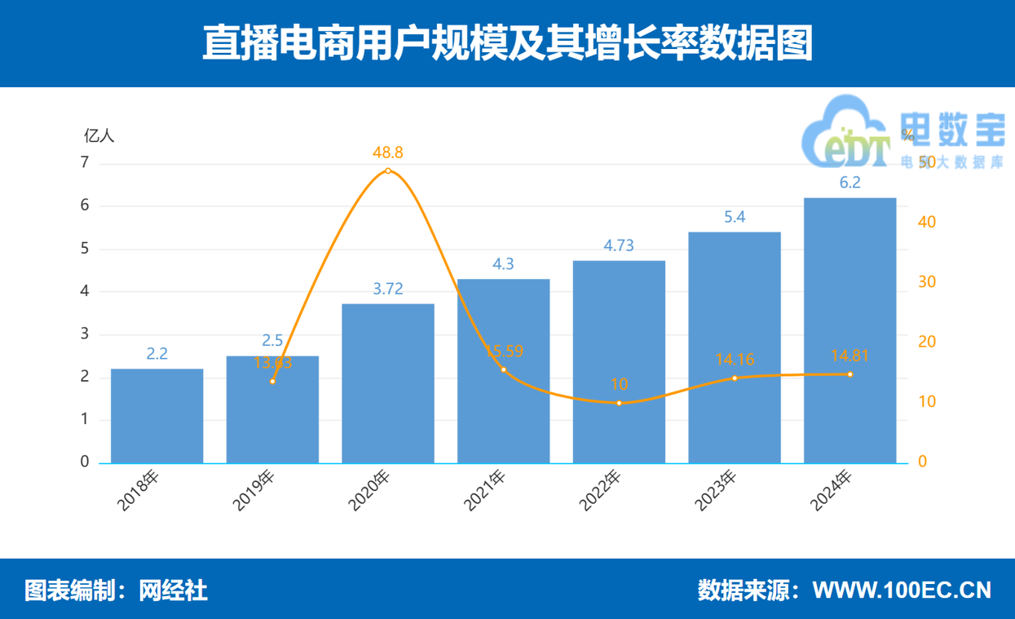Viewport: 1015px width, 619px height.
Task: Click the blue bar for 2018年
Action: point(157,416)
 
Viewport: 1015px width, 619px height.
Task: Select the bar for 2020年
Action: point(388,383)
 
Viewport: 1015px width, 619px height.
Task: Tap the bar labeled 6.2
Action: point(850,330)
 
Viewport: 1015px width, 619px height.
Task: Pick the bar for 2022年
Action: point(619,362)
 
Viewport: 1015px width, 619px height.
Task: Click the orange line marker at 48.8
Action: point(388,171)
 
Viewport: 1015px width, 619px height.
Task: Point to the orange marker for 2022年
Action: point(619,403)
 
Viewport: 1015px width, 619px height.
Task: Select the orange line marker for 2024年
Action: point(850,374)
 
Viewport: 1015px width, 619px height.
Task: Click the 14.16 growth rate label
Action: point(734,358)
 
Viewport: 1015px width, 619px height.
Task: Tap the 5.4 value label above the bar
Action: point(735,217)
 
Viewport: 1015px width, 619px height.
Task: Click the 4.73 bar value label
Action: point(619,245)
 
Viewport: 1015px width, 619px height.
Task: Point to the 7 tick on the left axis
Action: point(85,162)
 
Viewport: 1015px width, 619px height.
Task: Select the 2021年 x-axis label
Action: point(485,492)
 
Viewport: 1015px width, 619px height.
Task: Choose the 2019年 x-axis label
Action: point(254,492)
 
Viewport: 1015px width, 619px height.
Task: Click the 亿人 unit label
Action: point(99,135)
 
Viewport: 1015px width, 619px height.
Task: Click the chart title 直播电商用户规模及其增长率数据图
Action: point(507,43)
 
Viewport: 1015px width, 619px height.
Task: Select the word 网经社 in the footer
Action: point(174,590)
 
